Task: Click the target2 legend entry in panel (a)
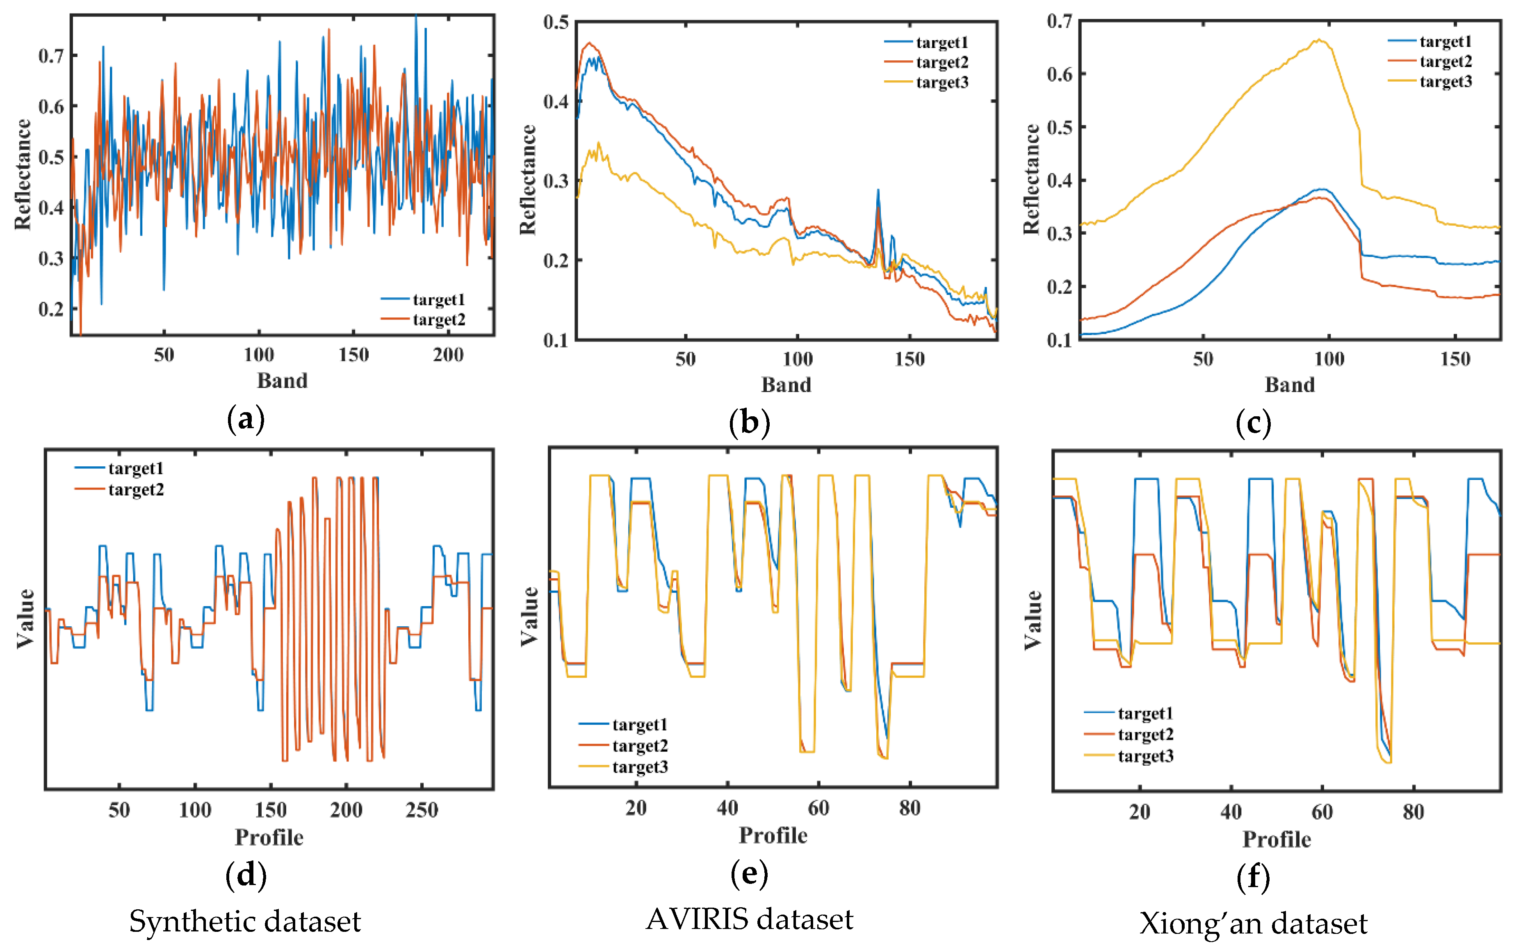pyautogui.click(x=438, y=320)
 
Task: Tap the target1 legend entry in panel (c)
pyautogui.click(x=1445, y=42)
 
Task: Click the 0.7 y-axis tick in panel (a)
pyautogui.click(x=51, y=56)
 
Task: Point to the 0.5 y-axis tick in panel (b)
pyautogui.click(x=556, y=23)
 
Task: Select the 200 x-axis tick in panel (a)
pyautogui.click(x=448, y=355)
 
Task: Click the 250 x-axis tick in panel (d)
pyautogui.click(x=422, y=810)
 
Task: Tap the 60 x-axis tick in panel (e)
pyautogui.click(x=818, y=808)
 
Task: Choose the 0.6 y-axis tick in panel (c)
pyautogui.click(x=1060, y=74)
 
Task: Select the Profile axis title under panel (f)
pyautogui.click(x=1276, y=839)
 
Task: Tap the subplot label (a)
pyautogui.click(x=246, y=419)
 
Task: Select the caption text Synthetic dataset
pyautogui.click(x=245, y=921)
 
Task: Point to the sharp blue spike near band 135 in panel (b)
pyautogui.click(x=878, y=190)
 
